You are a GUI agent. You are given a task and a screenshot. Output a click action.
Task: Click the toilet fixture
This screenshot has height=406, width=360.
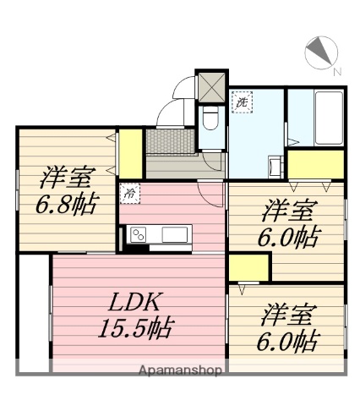(210, 118)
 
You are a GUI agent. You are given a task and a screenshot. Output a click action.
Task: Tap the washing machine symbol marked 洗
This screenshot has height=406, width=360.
(242, 103)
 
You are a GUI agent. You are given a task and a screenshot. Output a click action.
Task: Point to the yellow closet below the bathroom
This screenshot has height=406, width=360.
(314, 162)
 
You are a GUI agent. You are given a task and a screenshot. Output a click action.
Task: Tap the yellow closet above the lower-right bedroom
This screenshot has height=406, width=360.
(247, 269)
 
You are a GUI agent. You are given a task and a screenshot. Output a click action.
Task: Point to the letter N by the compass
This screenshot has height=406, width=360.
(336, 72)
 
